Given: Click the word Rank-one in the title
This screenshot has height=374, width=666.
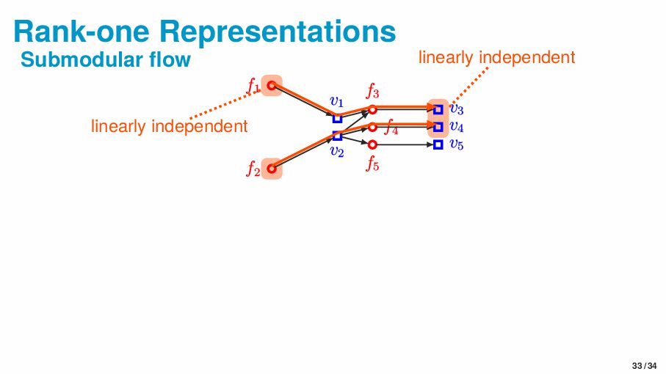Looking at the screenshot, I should pos(78,31).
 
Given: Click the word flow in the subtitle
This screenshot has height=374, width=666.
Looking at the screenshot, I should pos(168,59).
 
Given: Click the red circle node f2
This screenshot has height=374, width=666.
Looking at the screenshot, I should pos(271,168).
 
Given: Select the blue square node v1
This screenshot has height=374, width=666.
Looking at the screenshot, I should pos(337,118).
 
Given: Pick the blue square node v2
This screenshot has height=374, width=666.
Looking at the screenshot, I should pos(337,136).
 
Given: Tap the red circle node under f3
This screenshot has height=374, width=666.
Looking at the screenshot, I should pos(372,109).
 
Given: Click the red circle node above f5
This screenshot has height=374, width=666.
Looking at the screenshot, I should pos(372,144).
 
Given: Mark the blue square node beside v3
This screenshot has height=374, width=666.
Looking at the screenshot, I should pos(438,109).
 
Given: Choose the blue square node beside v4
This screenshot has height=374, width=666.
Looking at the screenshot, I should pos(438,127).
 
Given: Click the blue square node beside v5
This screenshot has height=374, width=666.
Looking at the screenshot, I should pos(438,144).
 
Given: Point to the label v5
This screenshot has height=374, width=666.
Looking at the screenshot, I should pos(456,144).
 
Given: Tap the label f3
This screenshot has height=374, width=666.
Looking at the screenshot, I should pos(373,92).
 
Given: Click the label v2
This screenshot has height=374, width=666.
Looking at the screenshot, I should pos(337,152).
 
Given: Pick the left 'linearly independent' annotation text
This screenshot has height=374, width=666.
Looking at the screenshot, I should pos(169,126).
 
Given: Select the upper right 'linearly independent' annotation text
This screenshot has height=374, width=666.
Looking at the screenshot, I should pos(496,57).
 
